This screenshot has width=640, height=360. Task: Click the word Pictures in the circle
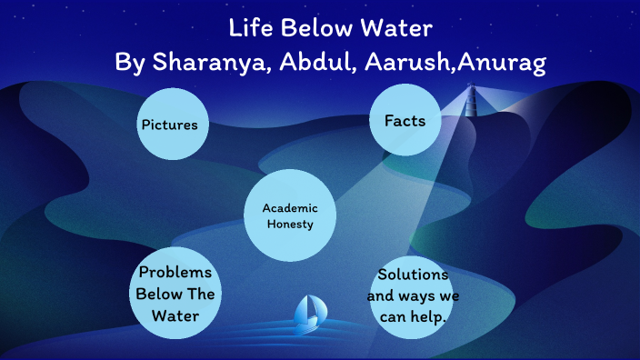point(169,125)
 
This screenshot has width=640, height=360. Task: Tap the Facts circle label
point(405,121)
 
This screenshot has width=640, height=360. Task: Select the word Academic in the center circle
point(290,208)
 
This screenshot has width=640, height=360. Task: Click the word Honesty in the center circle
point(290,225)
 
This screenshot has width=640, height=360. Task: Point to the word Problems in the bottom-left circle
point(175,273)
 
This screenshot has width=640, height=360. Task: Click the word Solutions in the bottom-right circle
point(413,274)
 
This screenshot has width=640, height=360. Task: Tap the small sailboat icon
point(308,312)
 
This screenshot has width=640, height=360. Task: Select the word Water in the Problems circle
point(175,315)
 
